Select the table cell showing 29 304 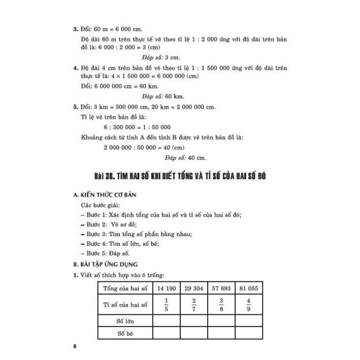coord(193,288)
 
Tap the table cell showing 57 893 coord(220,288)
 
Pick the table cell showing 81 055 coord(248,288)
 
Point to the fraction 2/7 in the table coord(193,305)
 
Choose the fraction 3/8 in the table coord(220,305)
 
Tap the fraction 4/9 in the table coord(248,305)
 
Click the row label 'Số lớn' coord(125,321)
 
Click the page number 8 coord(75,346)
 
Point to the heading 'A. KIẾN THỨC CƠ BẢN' coord(105,194)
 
